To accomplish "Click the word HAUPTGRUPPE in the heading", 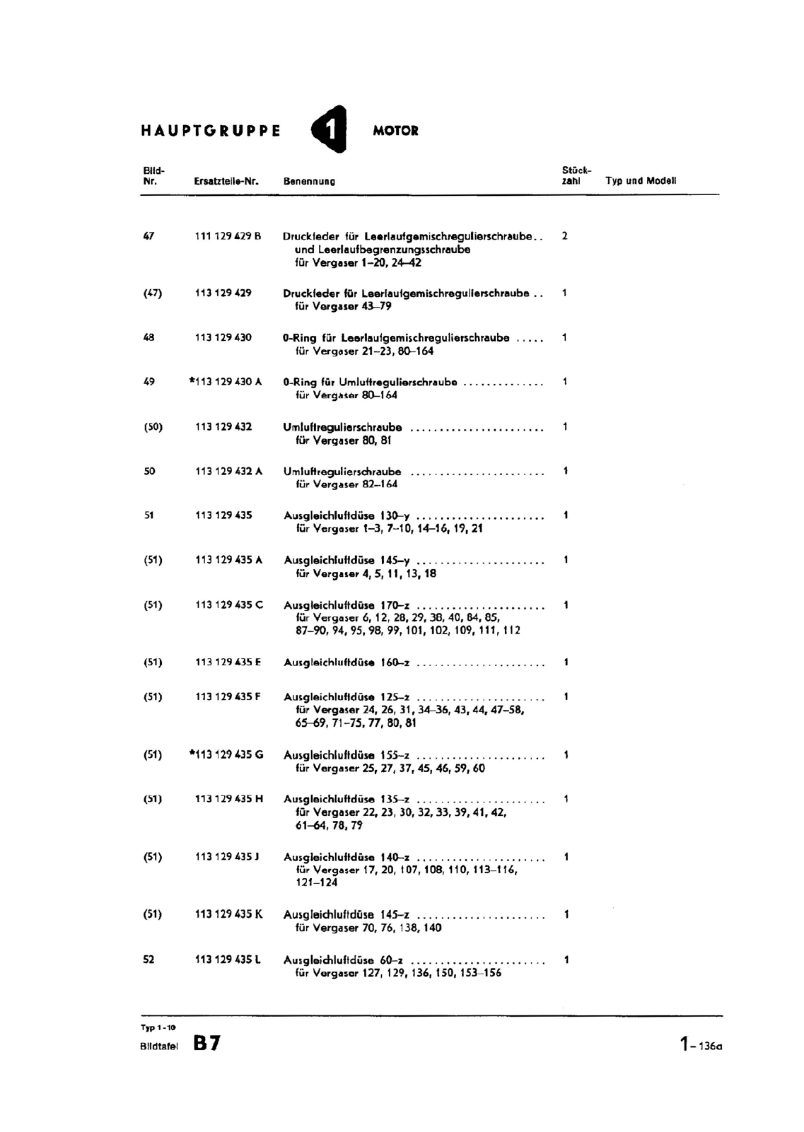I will point(211,131).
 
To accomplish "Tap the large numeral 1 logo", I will point(330,129).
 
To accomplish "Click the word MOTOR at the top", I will point(395,131).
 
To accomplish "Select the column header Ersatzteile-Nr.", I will point(226,181).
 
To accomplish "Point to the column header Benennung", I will point(309,181).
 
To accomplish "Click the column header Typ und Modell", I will point(641,180).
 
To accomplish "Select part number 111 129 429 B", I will point(228,236).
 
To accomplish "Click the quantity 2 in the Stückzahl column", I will point(564,236).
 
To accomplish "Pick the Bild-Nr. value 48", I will point(148,337).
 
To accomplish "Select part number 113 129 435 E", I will point(228,663).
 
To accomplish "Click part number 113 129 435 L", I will point(228,959).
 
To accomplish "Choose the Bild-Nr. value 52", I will point(148,959).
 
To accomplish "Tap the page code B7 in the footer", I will point(206,1043).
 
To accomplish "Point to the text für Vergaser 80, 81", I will point(343,440).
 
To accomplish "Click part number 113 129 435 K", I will point(228,914).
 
